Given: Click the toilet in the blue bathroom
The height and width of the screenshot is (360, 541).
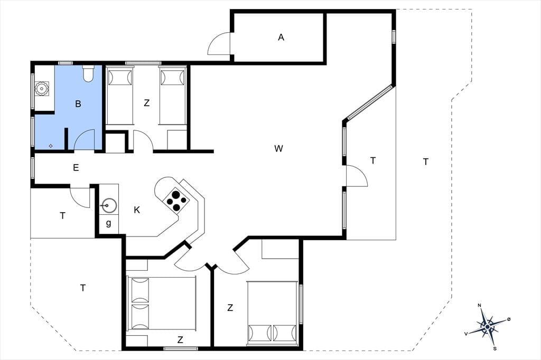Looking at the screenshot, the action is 88,73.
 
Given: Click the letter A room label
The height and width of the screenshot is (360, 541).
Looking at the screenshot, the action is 281,37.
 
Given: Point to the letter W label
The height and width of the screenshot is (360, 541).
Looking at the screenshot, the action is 278,149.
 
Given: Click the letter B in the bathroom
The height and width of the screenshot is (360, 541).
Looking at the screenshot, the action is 78,104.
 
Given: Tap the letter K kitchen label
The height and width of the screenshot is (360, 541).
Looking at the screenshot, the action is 137,210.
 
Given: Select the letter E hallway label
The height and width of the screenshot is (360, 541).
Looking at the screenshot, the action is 76,167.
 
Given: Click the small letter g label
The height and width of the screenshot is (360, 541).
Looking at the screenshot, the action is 109,223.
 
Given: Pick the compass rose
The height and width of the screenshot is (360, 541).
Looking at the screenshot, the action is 487,326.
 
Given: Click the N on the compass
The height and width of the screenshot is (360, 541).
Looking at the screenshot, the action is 479,306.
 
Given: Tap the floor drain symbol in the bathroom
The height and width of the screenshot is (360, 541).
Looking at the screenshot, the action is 51,146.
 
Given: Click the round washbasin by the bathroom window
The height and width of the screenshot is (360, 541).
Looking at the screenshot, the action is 42,89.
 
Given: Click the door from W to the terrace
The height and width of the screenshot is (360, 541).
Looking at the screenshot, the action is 357,176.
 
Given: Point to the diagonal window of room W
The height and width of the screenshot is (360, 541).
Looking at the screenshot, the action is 369,102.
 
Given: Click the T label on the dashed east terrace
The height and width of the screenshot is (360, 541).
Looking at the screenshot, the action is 426,162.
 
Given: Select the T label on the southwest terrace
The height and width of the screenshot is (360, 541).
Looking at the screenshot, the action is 83,288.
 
